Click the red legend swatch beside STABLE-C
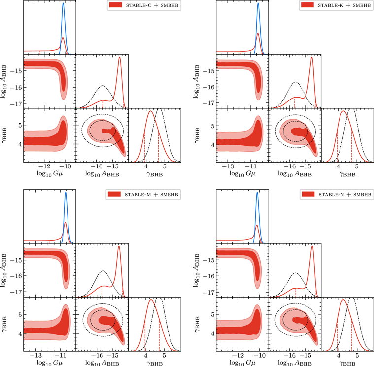(x=117, y=5)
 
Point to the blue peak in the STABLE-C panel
(x=63, y=4)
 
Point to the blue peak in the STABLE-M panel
(x=66, y=193)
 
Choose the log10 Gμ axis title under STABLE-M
(x=49, y=363)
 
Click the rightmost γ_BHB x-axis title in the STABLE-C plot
(x=154, y=174)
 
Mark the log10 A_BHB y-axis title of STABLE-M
(x=5, y=268)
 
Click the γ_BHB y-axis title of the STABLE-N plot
(x=198, y=323)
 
